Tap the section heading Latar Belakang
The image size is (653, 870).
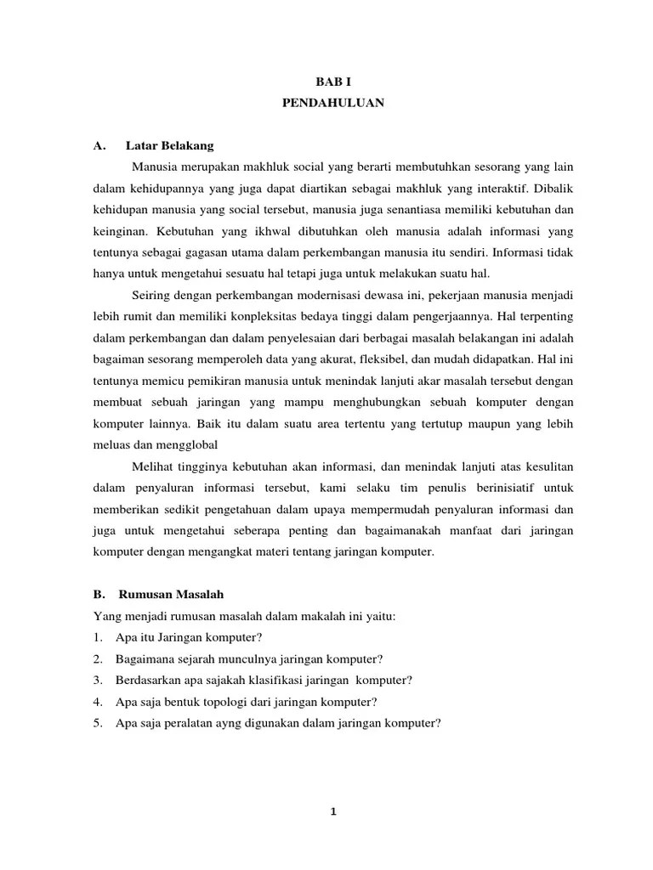(x=169, y=145)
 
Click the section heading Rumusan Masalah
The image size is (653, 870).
(x=170, y=593)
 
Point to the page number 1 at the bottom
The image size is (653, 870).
(x=333, y=811)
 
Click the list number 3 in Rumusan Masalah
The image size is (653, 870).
(x=99, y=680)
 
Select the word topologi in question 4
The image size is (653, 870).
(x=230, y=702)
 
